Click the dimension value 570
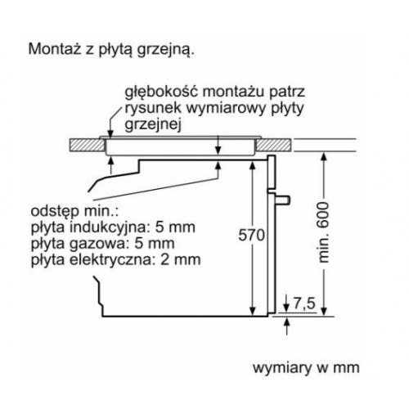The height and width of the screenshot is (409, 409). coord(251,235)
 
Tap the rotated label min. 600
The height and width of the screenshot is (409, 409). coord(324,232)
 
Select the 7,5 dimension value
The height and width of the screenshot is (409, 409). coord(304,303)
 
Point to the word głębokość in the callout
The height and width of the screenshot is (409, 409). coord(161,92)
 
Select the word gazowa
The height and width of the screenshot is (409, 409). coord(98,244)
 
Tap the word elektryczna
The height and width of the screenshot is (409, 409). coord(109,259)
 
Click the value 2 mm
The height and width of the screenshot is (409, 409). coord(181,260)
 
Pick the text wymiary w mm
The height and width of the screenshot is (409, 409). coord(306,368)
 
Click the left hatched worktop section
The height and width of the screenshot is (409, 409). coord(88,146)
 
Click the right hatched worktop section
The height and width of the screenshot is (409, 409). coord(273,146)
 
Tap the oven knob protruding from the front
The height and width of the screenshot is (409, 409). coord(283,200)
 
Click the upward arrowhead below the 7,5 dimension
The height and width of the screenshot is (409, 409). coord(286,322)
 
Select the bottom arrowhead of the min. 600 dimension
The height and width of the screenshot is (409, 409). coord(324,312)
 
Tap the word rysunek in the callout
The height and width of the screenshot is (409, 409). coord(153,109)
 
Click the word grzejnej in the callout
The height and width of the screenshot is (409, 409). coord(153,125)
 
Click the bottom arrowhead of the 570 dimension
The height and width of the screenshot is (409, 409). coord(253,312)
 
